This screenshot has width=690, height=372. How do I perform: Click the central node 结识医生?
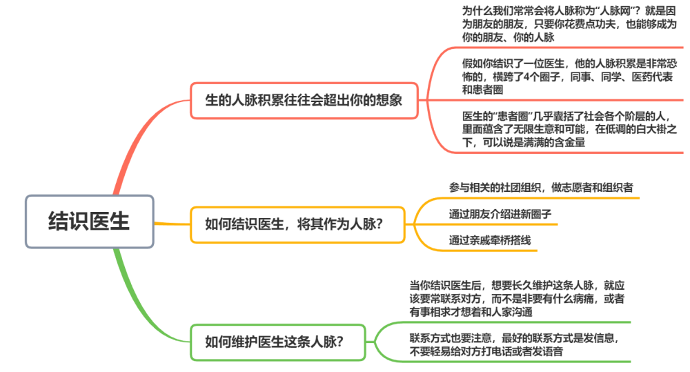[89, 222]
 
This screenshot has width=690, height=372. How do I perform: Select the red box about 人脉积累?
[304, 100]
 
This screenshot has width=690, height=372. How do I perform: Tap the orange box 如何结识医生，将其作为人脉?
[297, 224]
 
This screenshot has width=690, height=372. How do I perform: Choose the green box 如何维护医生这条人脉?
[277, 342]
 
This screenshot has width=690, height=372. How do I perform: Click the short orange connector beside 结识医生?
[172, 224]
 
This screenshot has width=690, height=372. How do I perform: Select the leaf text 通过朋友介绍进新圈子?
[500, 215]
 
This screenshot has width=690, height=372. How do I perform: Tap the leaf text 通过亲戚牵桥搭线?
[490, 240]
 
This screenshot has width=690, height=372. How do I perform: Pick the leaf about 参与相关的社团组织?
[541, 188]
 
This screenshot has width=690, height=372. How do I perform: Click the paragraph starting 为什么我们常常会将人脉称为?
[569, 24]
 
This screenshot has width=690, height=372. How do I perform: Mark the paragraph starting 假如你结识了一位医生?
[569, 77]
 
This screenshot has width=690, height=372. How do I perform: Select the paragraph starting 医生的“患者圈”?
[569, 129]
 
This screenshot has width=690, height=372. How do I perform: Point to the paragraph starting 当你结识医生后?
[517, 299]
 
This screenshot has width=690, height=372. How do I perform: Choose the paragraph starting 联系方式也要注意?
[514, 344]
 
